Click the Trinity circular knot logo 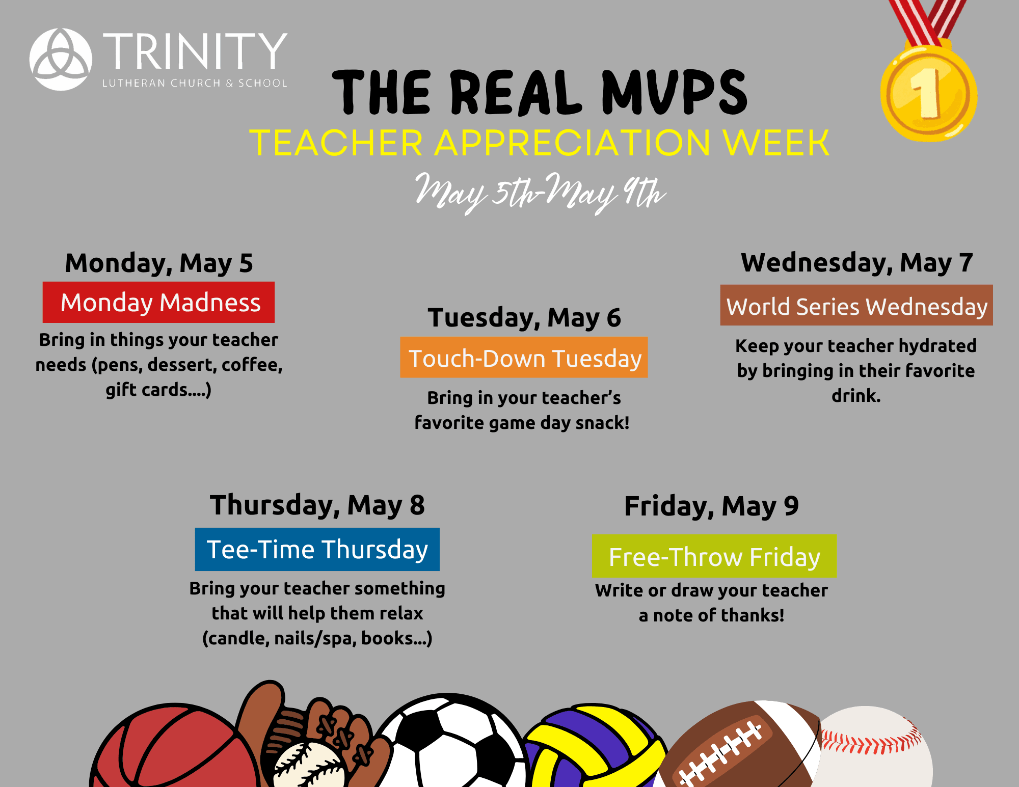pyautogui.click(x=61, y=59)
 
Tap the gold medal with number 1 pyautogui.click(x=928, y=93)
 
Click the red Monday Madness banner pyautogui.click(x=158, y=302)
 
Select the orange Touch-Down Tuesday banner pyautogui.click(x=524, y=357)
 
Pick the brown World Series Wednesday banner pyautogui.click(x=856, y=305)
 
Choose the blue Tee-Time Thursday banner pyautogui.click(x=317, y=549)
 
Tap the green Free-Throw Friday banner pyautogui.click(x=714, y=556)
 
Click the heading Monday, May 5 pyautogui.click(x=159, y=263)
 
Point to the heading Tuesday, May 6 pyautogui.click(x=524, y=318)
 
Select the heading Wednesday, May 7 pyautogui.click(x=857, y=263)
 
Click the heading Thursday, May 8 pyautogui.click(x=317, y=505)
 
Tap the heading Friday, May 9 pyautogui.click(x=712, y=506)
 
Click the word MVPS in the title pyautogui.click(x=675, y=92)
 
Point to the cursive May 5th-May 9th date pyautogui.click(x=540, y=193)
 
